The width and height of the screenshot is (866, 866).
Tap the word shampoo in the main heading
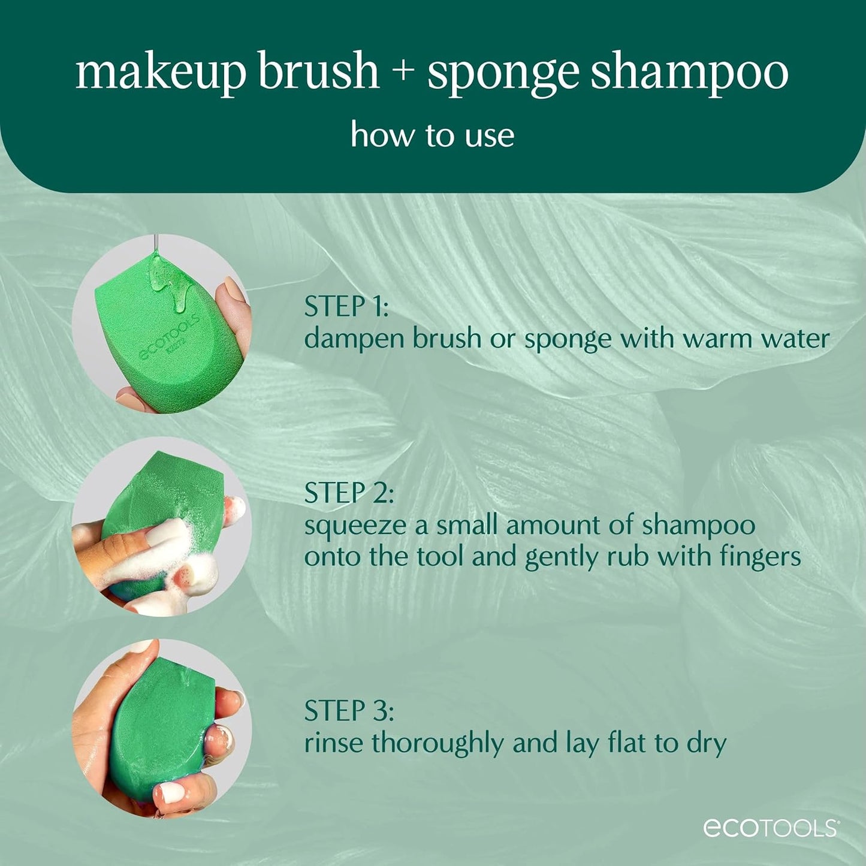[689, 73]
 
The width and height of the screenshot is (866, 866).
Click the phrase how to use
[432, 135]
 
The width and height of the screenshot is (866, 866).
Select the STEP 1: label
[346, 307]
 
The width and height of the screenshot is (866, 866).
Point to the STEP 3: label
[349, 711]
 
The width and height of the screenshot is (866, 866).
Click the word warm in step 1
[717, 339]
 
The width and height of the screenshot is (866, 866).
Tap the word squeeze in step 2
[355, 526]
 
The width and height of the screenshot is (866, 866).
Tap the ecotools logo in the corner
[771, 828]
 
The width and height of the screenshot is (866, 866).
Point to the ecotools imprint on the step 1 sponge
[169, 339]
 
